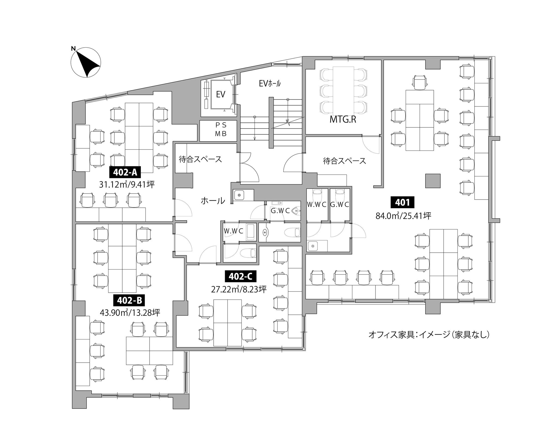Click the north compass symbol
click(x=86, y=62)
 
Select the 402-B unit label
click(x=129, y=301)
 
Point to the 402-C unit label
click(x=240, y=277)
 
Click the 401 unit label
click(x=403, y=202)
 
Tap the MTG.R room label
click(x=343, y=120)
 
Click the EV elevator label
click(x=220, y=94)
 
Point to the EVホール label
click(x=270, y=83)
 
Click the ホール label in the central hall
click(x=213, y=201)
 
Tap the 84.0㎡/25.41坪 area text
click(x=404, y=216)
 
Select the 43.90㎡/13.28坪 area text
click(x=130, y=313)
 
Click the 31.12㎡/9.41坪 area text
click(x=127, y=185)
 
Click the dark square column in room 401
click(x=433, y=181)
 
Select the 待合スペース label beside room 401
click(x=345, y=161)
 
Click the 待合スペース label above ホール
click(x=201, y=159)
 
